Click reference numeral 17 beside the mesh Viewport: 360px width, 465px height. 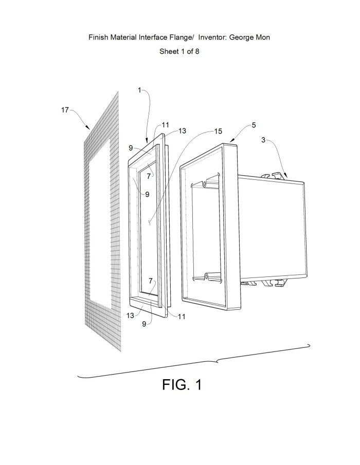click(x=65, y=109)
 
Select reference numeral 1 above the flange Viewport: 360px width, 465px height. click(x=139, y=90)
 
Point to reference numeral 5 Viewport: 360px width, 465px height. click(x=254, y=125)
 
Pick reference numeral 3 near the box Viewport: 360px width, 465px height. click(x=264, y=139)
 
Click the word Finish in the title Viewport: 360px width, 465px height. click(x=98, y=38)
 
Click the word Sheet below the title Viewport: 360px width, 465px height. click(x=169, y=51)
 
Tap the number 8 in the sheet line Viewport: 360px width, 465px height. click(x=197, y=51)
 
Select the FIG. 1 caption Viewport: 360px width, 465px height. click(x=182, y=384)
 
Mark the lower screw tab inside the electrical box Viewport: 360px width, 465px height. click(x=207, y=277)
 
